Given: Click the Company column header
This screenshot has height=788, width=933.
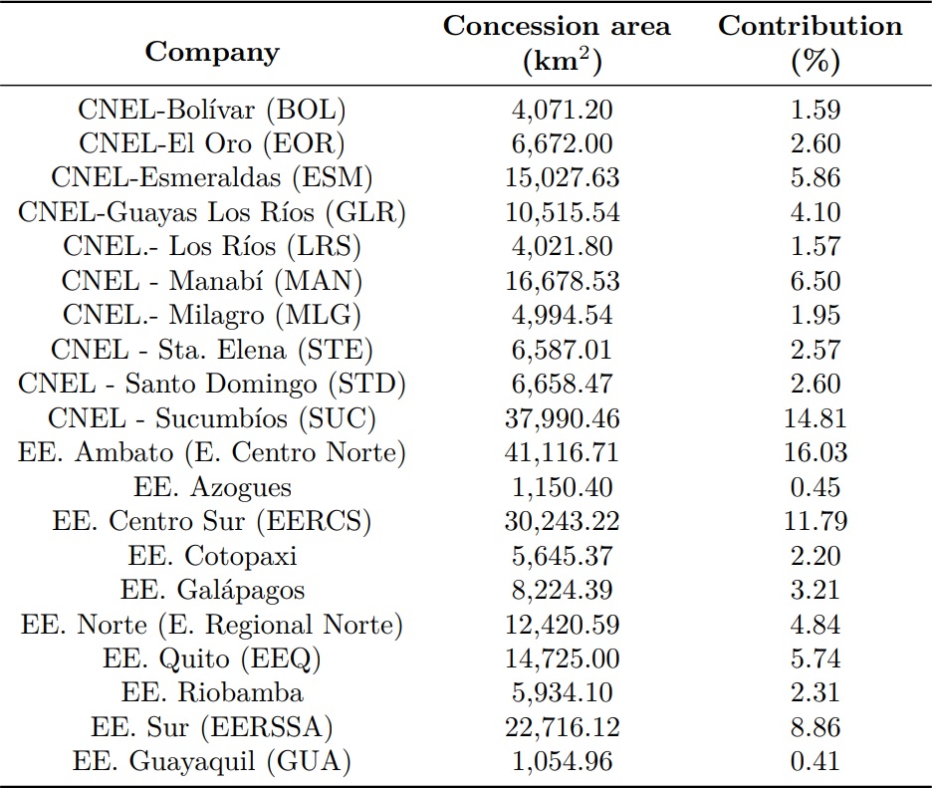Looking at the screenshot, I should [212, 52].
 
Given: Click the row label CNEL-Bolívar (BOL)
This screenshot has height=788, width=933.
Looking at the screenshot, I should [212, 110].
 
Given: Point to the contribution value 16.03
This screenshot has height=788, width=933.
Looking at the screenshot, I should [815, 453].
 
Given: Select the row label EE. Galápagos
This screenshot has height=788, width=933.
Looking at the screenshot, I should [212, 591].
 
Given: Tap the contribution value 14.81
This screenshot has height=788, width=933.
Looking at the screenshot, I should [815, 419].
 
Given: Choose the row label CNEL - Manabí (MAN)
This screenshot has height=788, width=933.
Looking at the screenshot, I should [212, 282].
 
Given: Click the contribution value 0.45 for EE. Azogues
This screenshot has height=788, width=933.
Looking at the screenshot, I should [815, 488].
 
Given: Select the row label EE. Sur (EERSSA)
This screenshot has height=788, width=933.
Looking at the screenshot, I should [212, 728].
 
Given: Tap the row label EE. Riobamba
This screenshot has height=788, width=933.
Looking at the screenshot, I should [212, 693].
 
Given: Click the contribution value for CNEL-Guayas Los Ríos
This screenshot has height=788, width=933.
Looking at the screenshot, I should [815, 213].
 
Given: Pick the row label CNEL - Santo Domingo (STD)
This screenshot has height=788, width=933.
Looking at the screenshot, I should [212, 385].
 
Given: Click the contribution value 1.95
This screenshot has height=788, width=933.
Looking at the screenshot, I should [815, 316].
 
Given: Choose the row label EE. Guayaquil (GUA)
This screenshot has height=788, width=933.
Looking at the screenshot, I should [212, 762].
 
